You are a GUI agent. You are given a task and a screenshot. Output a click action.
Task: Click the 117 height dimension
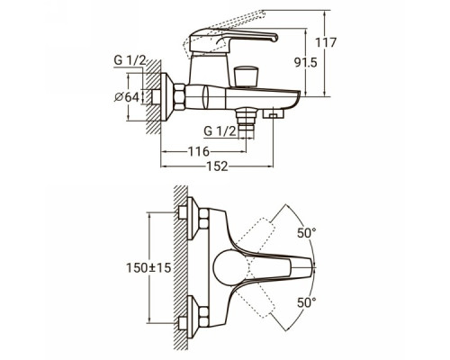[326, 42]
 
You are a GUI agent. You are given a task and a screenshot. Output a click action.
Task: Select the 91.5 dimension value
[305, 63]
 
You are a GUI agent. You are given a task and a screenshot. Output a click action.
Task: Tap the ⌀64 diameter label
[127, 97]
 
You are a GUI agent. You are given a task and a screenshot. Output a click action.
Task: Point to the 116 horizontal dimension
[199, 151]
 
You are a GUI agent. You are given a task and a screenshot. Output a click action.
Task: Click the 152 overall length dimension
[217, 166]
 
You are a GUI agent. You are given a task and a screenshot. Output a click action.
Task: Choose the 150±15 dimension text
[148, 267]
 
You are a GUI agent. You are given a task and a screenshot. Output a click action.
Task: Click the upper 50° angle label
[307, 233]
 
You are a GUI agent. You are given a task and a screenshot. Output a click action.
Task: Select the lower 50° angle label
[307, 302]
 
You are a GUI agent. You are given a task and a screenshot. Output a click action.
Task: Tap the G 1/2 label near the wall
[130, 60]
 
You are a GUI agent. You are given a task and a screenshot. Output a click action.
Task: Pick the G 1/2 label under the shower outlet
[220, 131]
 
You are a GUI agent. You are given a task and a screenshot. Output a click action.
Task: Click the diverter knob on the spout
[246, 76]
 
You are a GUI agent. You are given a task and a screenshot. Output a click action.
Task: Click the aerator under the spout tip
[273, 113]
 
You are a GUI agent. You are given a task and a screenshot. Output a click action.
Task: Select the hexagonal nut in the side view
[179, 97]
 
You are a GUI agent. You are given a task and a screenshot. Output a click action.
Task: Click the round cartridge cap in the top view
[231, 267]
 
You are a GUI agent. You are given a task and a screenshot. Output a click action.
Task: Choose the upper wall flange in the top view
[193, 219]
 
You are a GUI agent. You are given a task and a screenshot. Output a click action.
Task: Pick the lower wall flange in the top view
[193, 317]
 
